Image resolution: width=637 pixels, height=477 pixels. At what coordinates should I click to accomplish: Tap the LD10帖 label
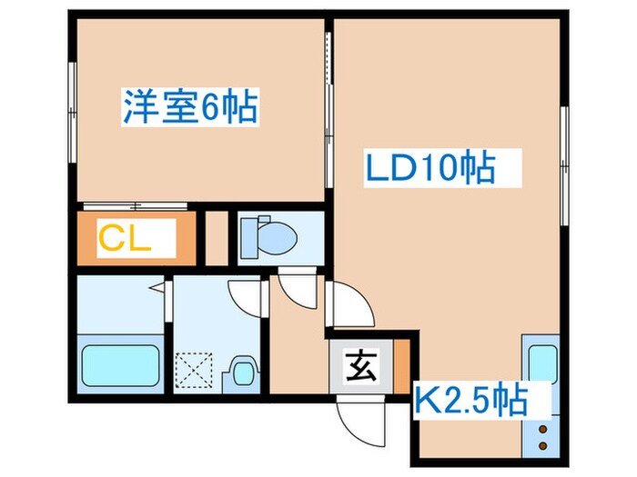coord(430,168)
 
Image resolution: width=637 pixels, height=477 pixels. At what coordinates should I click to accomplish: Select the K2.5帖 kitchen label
coord(470,399)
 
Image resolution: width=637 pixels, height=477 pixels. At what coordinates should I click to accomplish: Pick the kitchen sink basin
coord(543,364)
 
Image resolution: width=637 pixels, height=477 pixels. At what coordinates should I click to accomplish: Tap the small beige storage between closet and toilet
coord(216,235)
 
